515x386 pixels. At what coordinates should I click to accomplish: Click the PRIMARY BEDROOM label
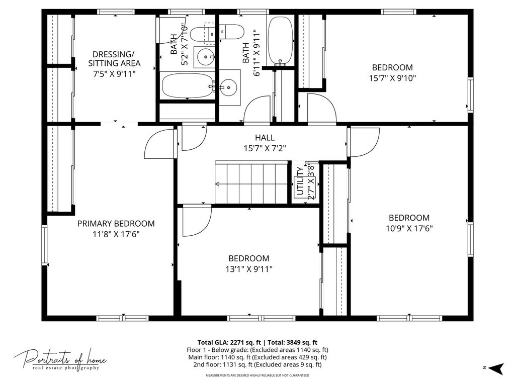click(116, 224)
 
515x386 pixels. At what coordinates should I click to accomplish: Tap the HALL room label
click(265, 138)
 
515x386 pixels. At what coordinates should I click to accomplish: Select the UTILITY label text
click(300, 181)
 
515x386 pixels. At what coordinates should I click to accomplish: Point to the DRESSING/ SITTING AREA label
click(114, 59)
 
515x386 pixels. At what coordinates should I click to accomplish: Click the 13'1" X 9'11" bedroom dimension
click(249, 269)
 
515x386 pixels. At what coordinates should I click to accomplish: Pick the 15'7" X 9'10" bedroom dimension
click(392, 78)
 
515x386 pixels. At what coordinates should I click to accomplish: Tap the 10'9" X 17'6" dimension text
click(409, 228)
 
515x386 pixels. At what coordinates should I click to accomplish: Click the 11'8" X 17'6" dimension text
click(116, 234)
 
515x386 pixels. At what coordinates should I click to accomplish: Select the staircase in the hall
click(251, 183)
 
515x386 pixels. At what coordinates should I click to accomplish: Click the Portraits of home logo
click(60, 360)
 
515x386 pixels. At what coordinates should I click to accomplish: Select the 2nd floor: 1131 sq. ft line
click(257, 364)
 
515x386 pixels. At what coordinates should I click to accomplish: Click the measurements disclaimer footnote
click(257, 375)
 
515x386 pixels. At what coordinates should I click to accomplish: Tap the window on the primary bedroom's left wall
click(44, 245)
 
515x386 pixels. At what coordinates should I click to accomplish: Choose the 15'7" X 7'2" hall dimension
click(265, 148)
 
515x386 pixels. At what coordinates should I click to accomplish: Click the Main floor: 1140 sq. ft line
click(257, 357)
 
